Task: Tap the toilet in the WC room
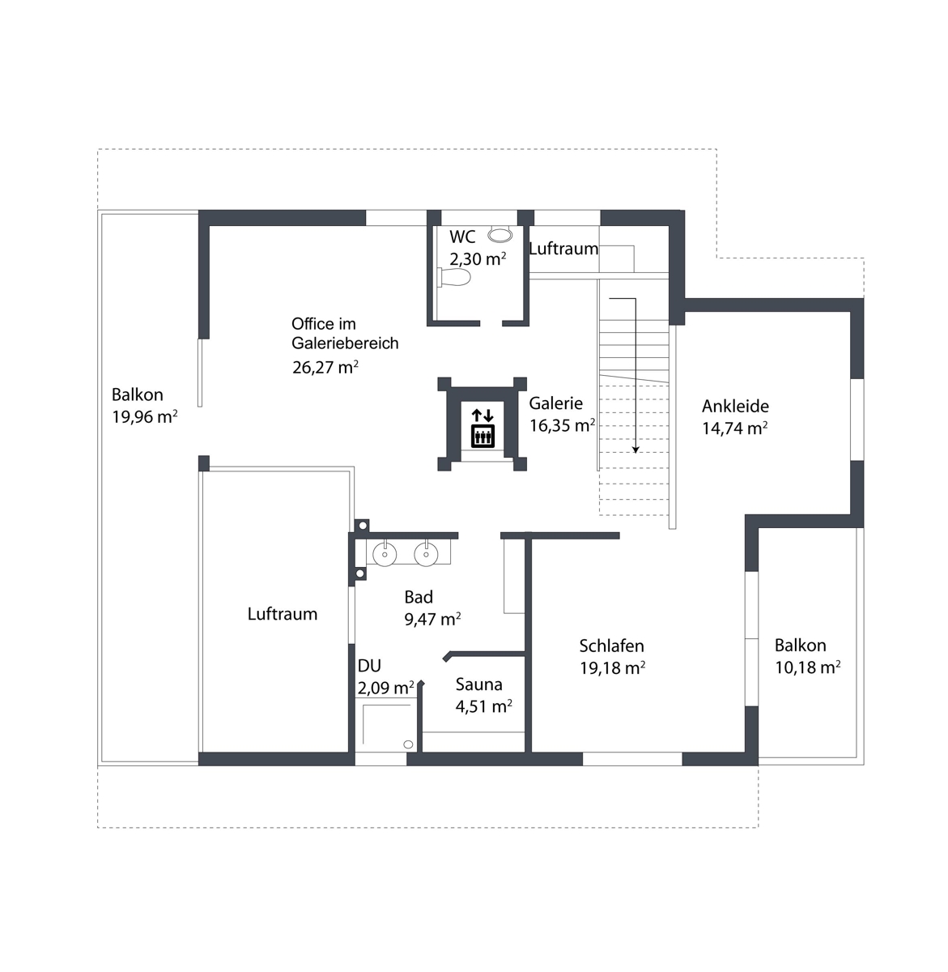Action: click(454, 277)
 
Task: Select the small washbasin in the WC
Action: click(500, 234)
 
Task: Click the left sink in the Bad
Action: click(385, 554)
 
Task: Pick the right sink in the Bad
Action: click(426, 554)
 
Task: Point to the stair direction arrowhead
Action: click(636, 450)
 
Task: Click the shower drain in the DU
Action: click(408, 744)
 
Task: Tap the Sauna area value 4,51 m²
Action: click(483, 706)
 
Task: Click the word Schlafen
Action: click(611, 646)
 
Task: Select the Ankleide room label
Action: click(735, 406)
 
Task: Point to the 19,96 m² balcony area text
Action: click(145, 416)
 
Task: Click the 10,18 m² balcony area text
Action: click(807, 667)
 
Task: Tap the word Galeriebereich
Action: click(345, 343)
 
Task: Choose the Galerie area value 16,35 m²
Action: click(562, 425)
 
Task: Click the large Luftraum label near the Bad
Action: click(283, 614)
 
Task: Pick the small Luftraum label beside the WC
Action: click(563, 249)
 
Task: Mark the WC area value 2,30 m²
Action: click(478, 258)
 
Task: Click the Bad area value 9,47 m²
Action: click(432, 620)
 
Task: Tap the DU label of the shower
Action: click(369, 666)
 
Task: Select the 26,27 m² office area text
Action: click(325, 367)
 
